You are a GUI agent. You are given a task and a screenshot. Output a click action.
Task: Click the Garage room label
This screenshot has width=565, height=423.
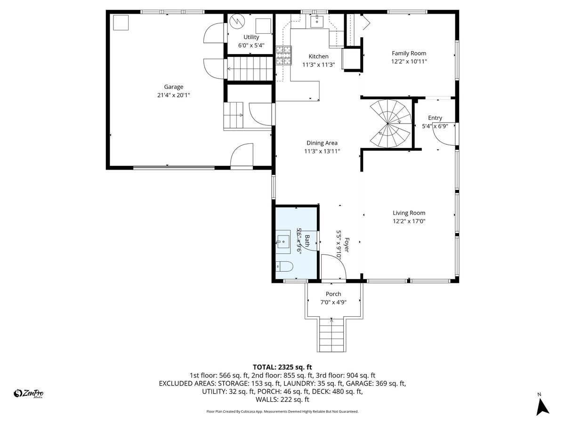point(173,87)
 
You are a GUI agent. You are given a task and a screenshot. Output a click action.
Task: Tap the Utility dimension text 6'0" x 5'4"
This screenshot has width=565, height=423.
point(251,46)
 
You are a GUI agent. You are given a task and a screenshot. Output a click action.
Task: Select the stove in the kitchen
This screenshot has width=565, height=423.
point(284,55)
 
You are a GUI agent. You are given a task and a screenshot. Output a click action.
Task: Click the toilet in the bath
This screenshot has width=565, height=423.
point(284,266)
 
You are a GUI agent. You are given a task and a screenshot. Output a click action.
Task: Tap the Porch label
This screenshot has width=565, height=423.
point(333,294)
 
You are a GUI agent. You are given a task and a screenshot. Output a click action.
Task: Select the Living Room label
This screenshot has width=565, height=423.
point(409,213)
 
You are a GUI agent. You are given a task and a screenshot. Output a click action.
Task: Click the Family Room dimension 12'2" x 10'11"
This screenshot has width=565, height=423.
point(409,62)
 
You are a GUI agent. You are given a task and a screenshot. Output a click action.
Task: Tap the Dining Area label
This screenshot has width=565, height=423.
point(322,143)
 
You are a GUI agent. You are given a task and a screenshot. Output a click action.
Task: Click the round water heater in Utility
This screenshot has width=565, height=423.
point(237,22)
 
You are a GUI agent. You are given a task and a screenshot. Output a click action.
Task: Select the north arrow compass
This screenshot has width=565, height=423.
point(543,405)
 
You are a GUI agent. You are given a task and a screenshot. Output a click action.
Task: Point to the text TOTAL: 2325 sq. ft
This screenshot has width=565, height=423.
point(282,367)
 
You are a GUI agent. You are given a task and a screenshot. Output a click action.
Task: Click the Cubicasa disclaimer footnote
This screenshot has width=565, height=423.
point(282,411)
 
